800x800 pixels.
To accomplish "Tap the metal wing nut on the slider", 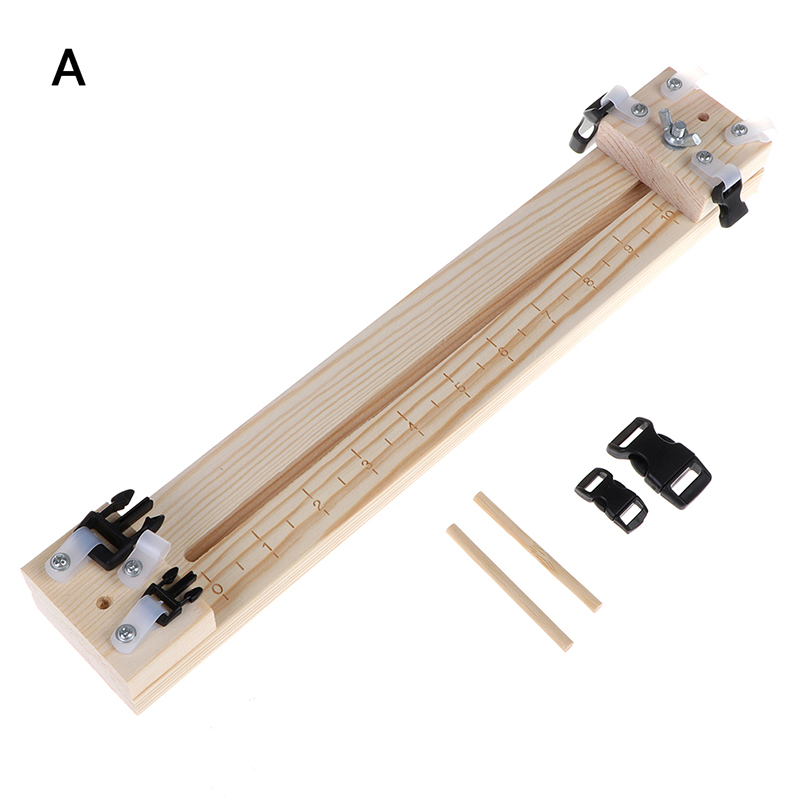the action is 674,127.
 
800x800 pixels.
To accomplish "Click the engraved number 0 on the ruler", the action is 218,589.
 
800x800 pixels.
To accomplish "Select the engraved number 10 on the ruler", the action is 665,216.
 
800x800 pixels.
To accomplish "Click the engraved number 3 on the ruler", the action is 366,463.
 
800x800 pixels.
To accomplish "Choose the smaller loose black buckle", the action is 612,496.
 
